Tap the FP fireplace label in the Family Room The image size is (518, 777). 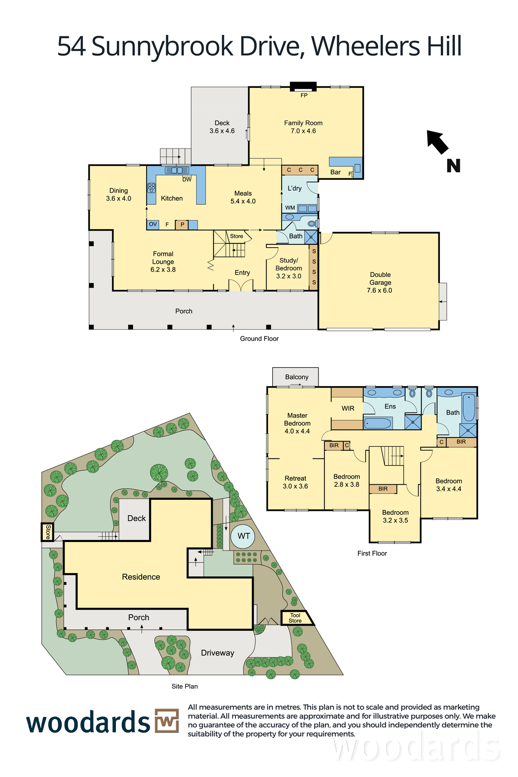coord(304,95)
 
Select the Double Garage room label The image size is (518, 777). coord(380,282)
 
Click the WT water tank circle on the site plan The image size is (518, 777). coord(243,536)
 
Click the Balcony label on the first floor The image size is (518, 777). coord(297,377)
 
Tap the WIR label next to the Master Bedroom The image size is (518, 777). coord(348,408)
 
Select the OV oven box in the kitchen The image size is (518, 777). coord(152,224)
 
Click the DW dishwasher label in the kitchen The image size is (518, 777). coord(187,180)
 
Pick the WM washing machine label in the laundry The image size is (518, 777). coord(290,208)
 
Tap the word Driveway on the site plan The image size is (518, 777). coord(217,653)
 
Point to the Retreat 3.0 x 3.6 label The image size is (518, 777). coord(295,482)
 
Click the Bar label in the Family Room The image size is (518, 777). coord(335,172)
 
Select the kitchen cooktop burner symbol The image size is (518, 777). coord(151,187)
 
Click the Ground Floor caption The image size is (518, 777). coord(259,338)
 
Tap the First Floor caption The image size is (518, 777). coord(372,553)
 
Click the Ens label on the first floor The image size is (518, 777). coord(390,406)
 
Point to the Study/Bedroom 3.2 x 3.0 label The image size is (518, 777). coord(288,268)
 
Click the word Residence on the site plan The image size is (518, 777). coord(141,576)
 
